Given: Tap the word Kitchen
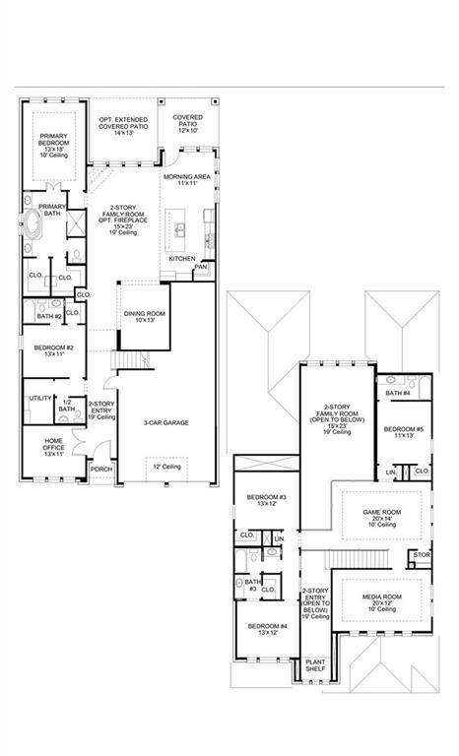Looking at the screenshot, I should [181, 258].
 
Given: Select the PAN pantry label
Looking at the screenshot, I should [200, 266].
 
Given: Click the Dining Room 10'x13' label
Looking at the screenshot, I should [144, 316].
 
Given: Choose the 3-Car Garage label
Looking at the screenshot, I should [165, 423].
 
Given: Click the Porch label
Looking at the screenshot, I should [100, 469].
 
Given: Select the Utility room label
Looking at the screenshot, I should [40, 398].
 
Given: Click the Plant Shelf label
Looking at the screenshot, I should [315, 665].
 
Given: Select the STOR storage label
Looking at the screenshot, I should [422, 555].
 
